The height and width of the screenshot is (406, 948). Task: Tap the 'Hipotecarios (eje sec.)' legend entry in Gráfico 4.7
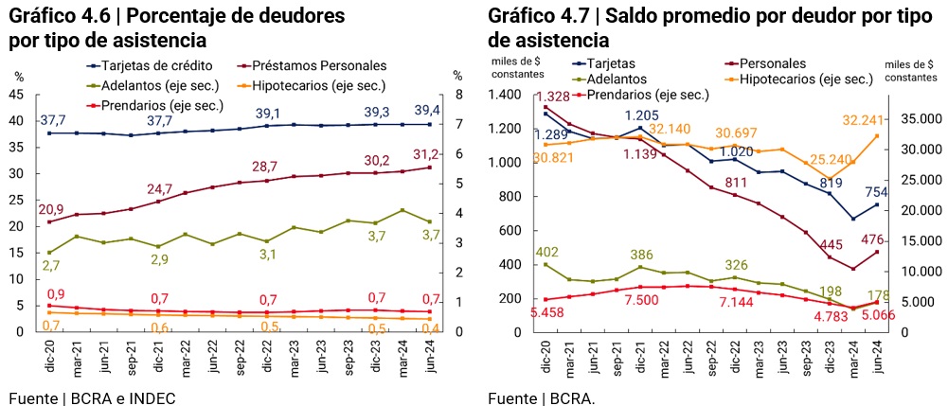pos(805,79)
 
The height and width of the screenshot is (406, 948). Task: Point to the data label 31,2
pos(423,154)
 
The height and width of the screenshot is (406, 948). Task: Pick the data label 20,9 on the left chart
pos(50,208)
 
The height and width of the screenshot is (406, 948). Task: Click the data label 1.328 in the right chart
pos(555,97)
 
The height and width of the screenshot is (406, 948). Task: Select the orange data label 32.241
pos(856,120)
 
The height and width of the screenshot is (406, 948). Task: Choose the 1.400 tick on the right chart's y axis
pos(507,95)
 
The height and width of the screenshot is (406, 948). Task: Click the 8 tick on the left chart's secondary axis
pos(458,95)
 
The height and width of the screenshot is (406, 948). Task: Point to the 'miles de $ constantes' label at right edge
pos(911,71)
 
